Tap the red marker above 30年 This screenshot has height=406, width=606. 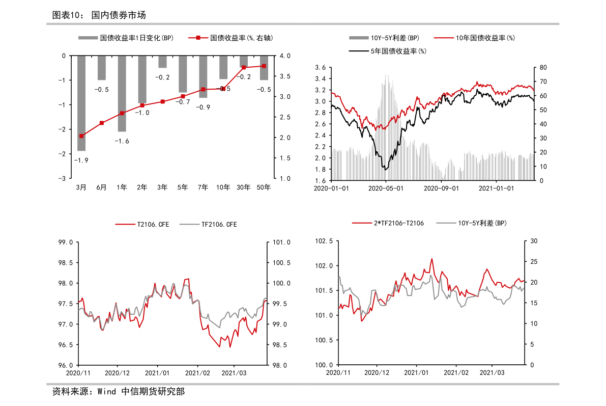click(244, 67)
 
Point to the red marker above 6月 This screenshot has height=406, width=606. click(102, 123)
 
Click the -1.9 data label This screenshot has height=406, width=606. click(81, 160)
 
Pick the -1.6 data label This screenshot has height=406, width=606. click(122, 141)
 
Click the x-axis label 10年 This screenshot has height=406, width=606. click(223, 187)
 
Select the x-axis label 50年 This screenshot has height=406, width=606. click(264, 187)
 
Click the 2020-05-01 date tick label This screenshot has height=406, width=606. click(386, 188)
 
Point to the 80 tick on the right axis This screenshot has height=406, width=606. click(543, 68)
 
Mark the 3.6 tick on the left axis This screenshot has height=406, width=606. click(320, 68)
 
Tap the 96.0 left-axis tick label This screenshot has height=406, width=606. click(67, 365)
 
